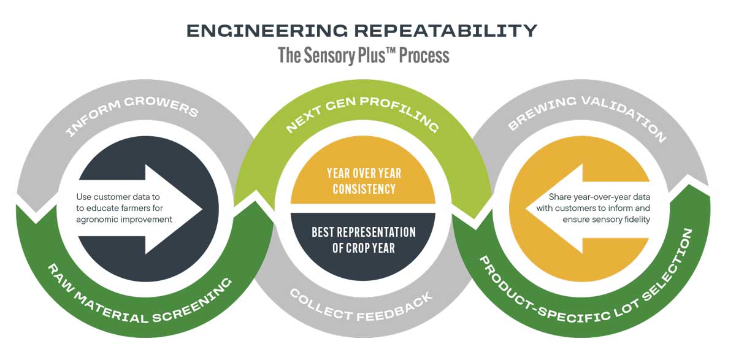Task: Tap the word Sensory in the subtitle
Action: (332, 56)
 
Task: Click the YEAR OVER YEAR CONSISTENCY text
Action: (364, 181)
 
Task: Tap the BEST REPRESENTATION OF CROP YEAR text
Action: (364, 240)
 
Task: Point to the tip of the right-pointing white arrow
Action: (202, 209)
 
